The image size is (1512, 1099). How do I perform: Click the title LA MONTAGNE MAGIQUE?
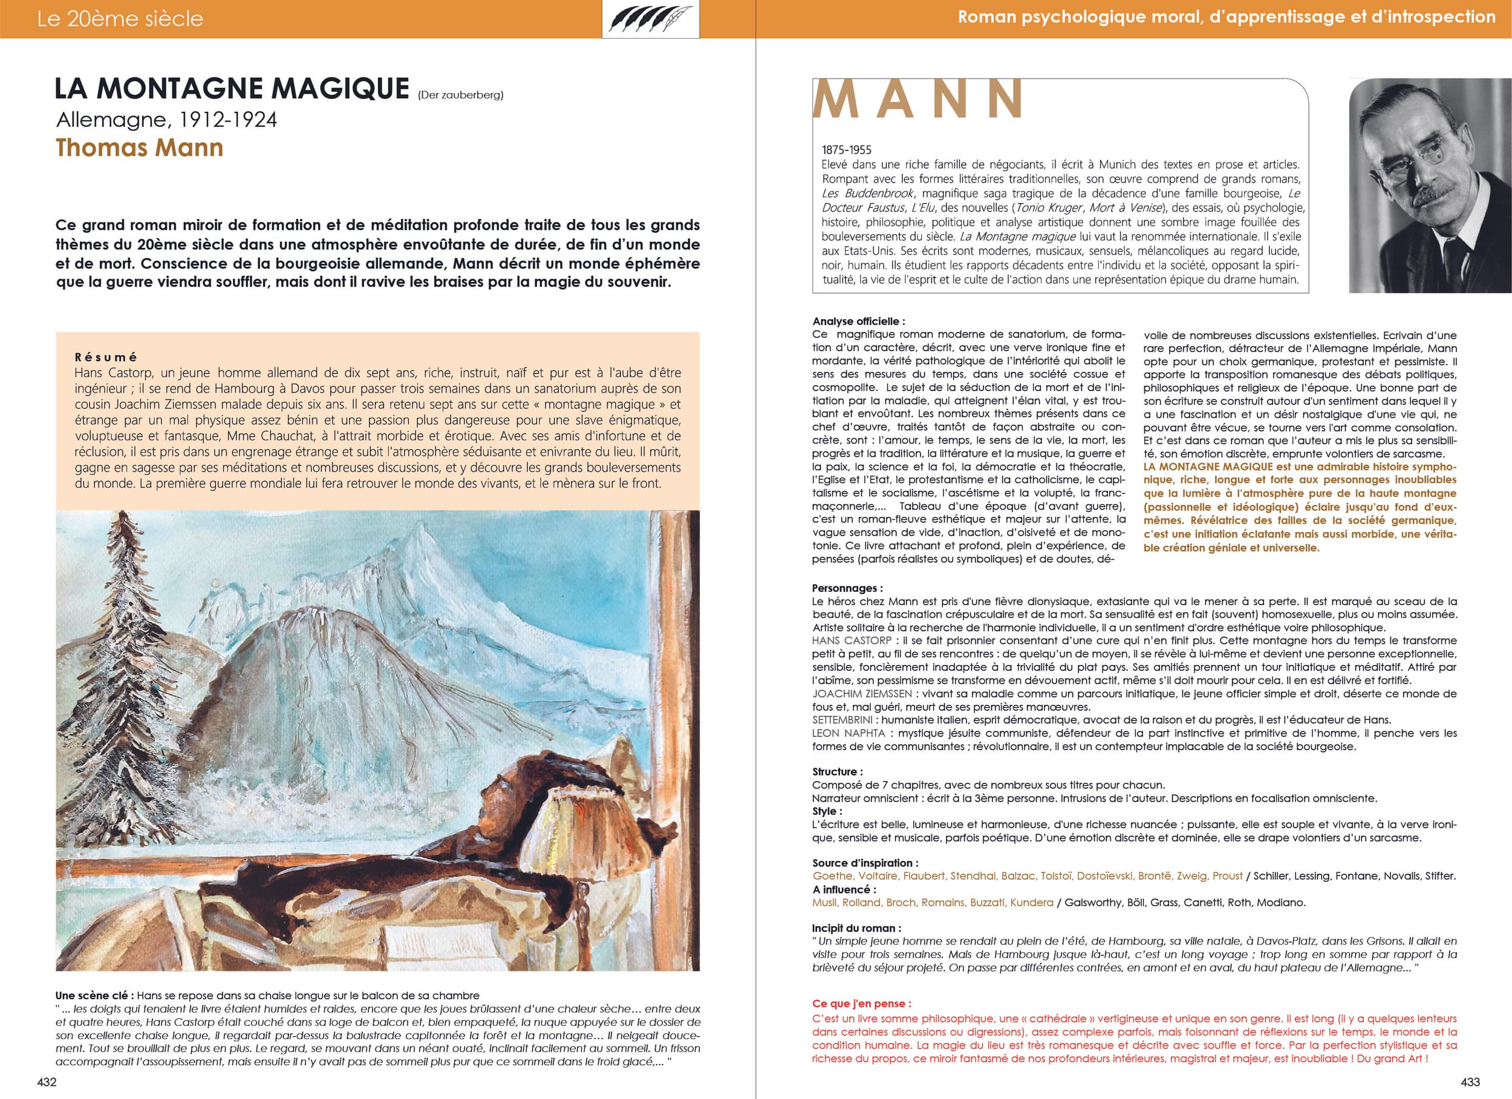tap(231, 89)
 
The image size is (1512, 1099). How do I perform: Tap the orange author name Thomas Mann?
tap(139, 148)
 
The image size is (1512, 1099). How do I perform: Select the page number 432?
tap(47, 1081)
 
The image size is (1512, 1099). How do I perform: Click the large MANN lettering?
tap(918, 100)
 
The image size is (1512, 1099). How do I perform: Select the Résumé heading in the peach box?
tap(106, 357)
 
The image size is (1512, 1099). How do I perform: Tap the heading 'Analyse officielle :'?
tap(859, 321)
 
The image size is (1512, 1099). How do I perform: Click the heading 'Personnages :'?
tap(847, 588)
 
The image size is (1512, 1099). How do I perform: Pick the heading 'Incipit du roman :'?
tap(856, 928)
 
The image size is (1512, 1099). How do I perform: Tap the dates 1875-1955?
tap(847, 150)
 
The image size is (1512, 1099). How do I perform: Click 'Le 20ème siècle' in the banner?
tap(120, 19)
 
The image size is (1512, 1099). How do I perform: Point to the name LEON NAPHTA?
tap(849, 733)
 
